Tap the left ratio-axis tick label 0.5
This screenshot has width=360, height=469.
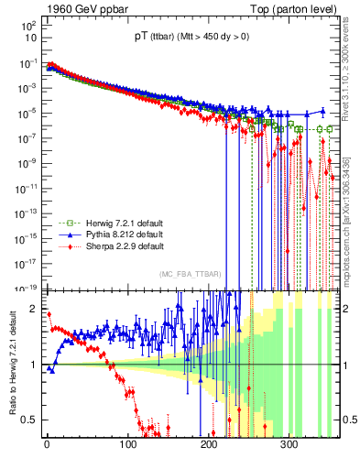30,420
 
